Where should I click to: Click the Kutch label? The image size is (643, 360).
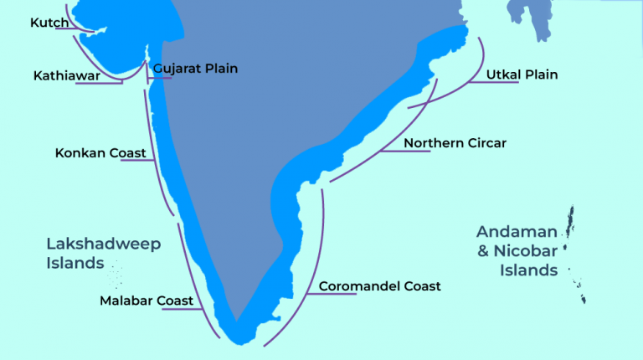point(49,23)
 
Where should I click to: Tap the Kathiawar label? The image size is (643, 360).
point(67,75)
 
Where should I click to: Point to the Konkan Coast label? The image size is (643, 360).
point(100,153)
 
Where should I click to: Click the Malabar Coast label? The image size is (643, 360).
point(147,301)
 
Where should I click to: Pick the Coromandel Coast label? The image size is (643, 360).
point(379,286)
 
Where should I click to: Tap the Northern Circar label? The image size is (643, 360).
point(455,143)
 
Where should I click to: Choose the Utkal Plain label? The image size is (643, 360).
point(522,75)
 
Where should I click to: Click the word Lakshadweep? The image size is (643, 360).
point(103,244)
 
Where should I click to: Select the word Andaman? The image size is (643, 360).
point(517,232)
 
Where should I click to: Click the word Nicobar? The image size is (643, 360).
point(529,251)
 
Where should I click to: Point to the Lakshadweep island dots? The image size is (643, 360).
point(115,273)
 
